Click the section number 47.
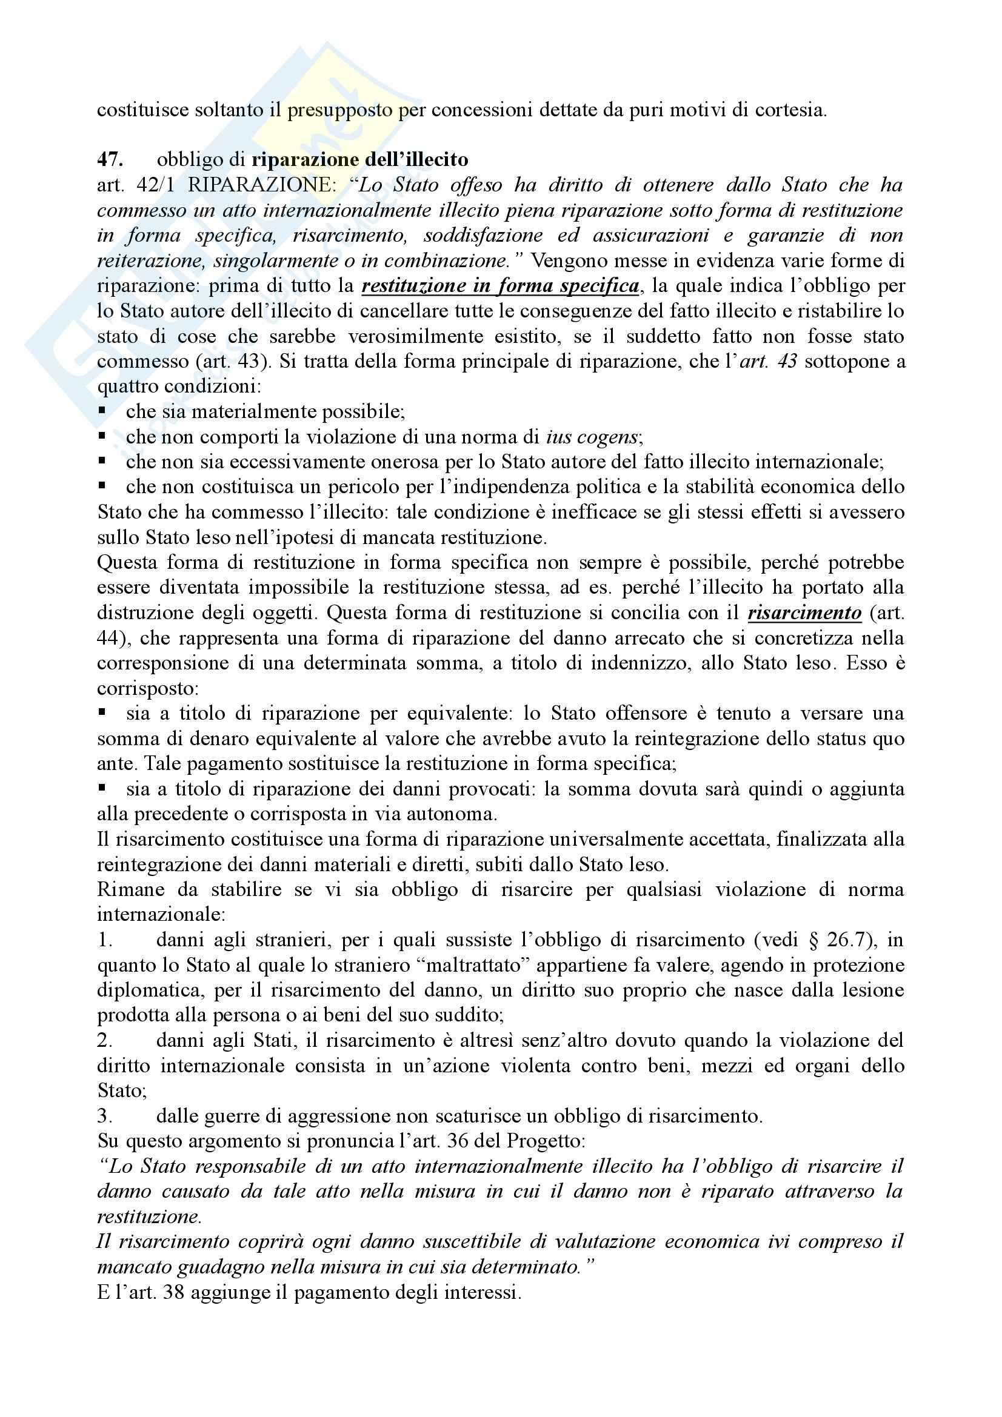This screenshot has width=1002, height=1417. [x=110, y=159]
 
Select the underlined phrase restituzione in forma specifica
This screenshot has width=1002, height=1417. [x=500, y=286]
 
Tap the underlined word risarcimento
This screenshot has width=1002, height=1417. [x=804, y=613]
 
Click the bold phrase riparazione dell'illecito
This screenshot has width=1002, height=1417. [x=360, y=159]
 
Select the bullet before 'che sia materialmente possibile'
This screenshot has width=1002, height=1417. [x=102, y=411]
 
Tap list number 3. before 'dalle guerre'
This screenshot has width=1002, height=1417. [x=105, y=1117]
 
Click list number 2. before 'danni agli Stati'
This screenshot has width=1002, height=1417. [x=105, y=1041]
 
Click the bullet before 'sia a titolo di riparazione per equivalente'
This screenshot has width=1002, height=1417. [x=102, y=714]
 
